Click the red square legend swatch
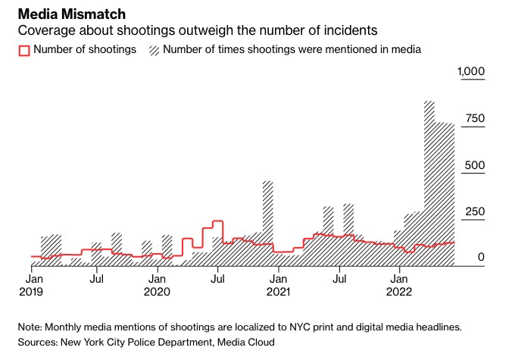[23, 50]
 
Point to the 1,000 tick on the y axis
[470, 72]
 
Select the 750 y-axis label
[473, 119]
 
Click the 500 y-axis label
[473, 165]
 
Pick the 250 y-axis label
[473, 211]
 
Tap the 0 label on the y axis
[480, 258]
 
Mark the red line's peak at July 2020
[217, 221]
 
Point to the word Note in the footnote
[30, 327]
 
